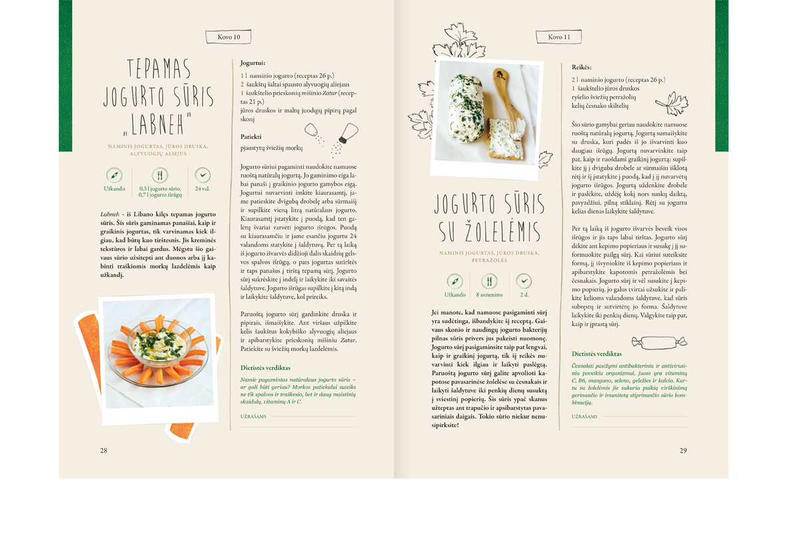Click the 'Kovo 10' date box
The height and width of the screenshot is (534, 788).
(x=228, y=37)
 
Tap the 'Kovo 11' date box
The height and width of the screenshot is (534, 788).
(x=558, y=37)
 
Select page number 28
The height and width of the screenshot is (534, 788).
(x=104, y=450)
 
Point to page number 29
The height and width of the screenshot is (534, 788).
(x=683, y=450)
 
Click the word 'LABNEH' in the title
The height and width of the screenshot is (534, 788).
(x=158, y=123)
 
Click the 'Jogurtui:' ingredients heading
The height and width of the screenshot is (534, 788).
(x=252, y=63)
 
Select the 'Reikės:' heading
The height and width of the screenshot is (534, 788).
(x=582, y=67)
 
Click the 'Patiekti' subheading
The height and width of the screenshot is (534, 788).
(x=251, y=136)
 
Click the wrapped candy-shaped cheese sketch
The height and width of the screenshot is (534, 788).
(x=659, y=342)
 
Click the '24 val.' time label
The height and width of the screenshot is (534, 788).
(x=202, y=188)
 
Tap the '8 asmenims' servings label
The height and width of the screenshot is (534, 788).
(x=489, y=294)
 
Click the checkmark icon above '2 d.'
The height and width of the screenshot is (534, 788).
(x=524, y=281)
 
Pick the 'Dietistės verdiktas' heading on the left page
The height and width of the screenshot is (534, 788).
(x=265, y=368)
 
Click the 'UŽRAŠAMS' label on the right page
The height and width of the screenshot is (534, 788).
(x=584, y=417)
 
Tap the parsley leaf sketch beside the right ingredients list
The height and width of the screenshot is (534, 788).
(x=672, y=104)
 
